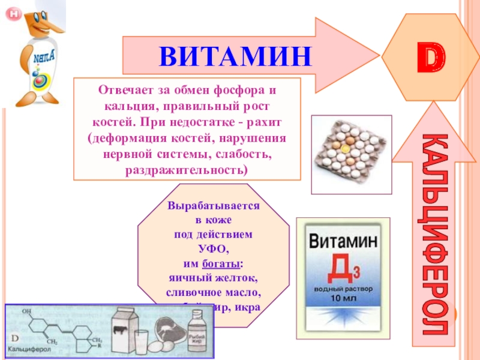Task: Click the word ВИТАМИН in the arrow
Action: click(236, 56)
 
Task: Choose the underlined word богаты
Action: click(225, 264)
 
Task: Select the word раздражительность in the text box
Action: click(186, 170)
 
